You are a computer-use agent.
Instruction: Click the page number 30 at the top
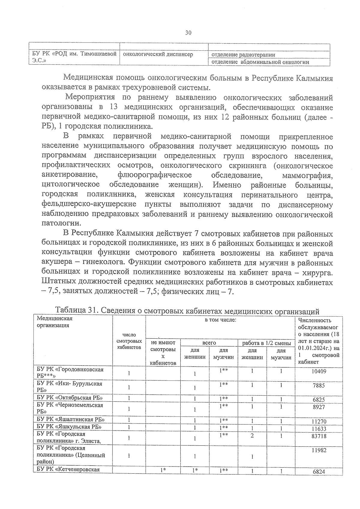pyautogui.click(x=188, y=33)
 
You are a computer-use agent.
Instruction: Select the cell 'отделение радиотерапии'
pyautogui.click(x=243, y=55)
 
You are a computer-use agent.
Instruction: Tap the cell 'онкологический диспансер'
pyautogui.click(x=158, y=54)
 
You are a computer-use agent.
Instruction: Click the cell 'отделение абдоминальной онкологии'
pyautogui.click(x=260, y=62)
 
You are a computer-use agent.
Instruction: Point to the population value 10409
pyautogui.click(x=319, y=371)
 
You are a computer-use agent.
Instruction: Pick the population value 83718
pyautogui.click(x=319, y=436)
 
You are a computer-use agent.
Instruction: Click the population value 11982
pyautogui.click(x=319, y=450)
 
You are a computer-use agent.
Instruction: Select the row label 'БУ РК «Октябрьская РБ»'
pyautogui.click(x=70, y=398)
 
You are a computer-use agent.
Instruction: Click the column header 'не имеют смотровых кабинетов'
pyautogui.click(x=163, y=353)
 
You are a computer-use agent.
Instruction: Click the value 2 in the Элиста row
pyautogui.click(x=252, y=436)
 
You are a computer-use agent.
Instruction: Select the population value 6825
pyautogui.click(x=319, y=400)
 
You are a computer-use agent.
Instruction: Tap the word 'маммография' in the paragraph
pyautogui.click(x=307, y=175)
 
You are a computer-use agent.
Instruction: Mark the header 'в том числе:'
pyautogui.click(x=220, y=320)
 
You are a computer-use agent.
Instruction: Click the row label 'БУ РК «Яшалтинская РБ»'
pyautogui.click(x=70, y=419)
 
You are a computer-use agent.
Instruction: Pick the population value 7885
pyautogui.click(x=319, y=385)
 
